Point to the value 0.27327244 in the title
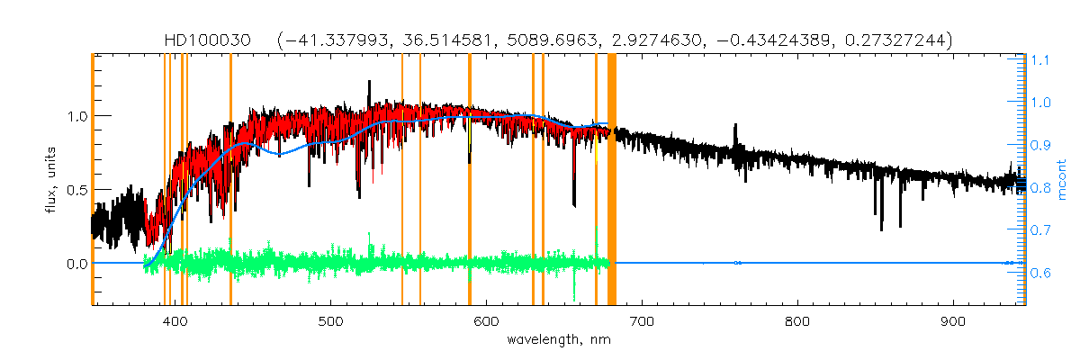tap(899, 40)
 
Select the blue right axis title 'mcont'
tap(1063, 180)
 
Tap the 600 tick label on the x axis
tap(487, 321)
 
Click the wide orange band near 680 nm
tap(612, 180)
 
